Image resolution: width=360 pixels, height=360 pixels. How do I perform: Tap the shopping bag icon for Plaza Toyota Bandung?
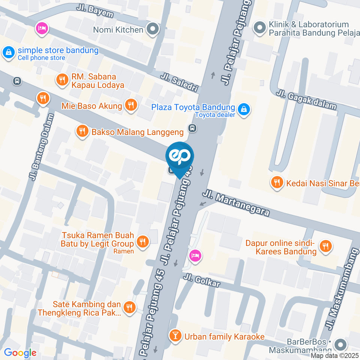pos(244,110)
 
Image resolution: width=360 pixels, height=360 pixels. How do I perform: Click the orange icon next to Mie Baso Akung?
pos(131,106)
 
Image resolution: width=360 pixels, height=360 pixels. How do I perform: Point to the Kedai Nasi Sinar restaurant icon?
pos(277,183)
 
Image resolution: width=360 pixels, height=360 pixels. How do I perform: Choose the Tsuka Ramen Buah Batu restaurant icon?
pos(142,242)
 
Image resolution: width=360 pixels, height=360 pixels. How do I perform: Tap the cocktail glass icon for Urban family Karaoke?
pos(175,336)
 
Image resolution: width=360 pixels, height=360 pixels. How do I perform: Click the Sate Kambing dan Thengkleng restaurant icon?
pos(129,307)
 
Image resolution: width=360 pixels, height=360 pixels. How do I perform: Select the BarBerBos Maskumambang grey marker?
pos(340,345)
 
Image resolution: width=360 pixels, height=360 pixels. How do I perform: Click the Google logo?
pos(20,352)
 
